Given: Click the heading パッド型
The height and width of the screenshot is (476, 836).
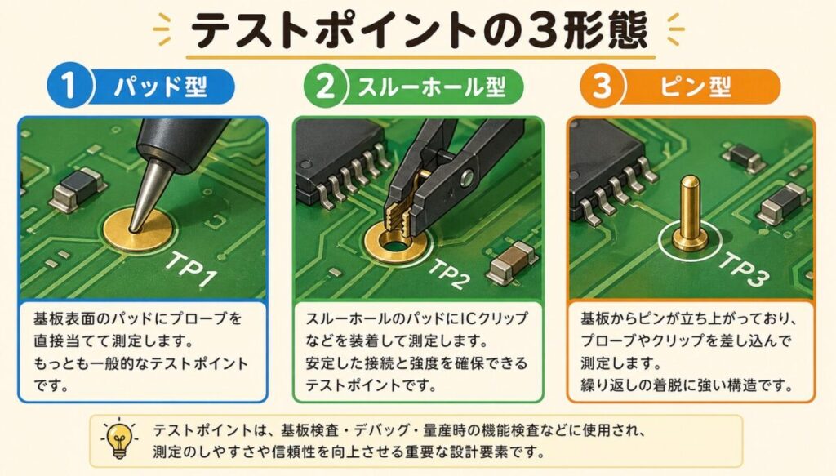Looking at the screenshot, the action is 160,87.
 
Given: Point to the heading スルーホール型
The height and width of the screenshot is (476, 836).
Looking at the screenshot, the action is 431,87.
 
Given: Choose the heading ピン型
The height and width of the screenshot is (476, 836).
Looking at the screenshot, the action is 696,87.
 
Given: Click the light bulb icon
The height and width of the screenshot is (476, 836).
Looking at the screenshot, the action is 119,438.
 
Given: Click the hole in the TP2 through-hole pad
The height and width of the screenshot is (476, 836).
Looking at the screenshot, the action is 393,247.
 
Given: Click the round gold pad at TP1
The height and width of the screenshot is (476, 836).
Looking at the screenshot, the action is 137,229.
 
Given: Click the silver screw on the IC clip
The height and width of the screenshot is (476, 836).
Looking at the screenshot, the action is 468,178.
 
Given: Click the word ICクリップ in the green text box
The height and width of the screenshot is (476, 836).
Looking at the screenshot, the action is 494,318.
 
